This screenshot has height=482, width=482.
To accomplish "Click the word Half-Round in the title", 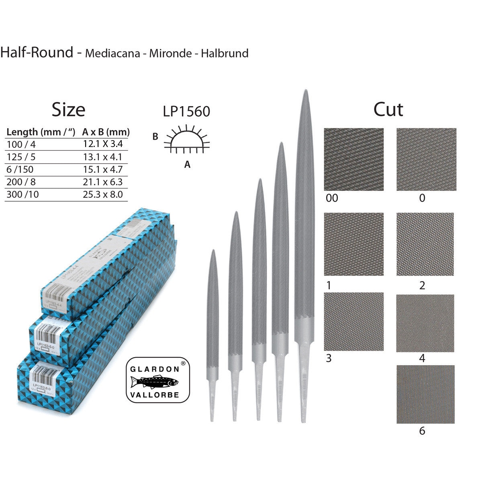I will pos(37,52).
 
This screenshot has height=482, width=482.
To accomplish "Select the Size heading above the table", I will pos(68,110).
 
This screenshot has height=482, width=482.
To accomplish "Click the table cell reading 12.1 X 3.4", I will pos(102,144).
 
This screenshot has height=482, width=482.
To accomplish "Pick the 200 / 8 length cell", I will pos(21,182).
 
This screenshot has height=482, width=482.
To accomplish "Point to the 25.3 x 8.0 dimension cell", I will pos(102,195).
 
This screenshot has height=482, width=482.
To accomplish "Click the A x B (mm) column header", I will pos(106,132).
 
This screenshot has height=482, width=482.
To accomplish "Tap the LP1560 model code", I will pos(186,112).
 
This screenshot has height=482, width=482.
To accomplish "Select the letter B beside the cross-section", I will pos(155,137).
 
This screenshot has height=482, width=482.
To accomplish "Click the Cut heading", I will pos(388,109).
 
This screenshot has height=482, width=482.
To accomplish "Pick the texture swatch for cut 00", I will pos(353,159).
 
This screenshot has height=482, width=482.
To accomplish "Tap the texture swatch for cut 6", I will pos(425,394).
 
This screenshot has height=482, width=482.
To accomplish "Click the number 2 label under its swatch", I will pos(422,286).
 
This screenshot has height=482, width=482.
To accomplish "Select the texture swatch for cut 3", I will pos(353,322).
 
